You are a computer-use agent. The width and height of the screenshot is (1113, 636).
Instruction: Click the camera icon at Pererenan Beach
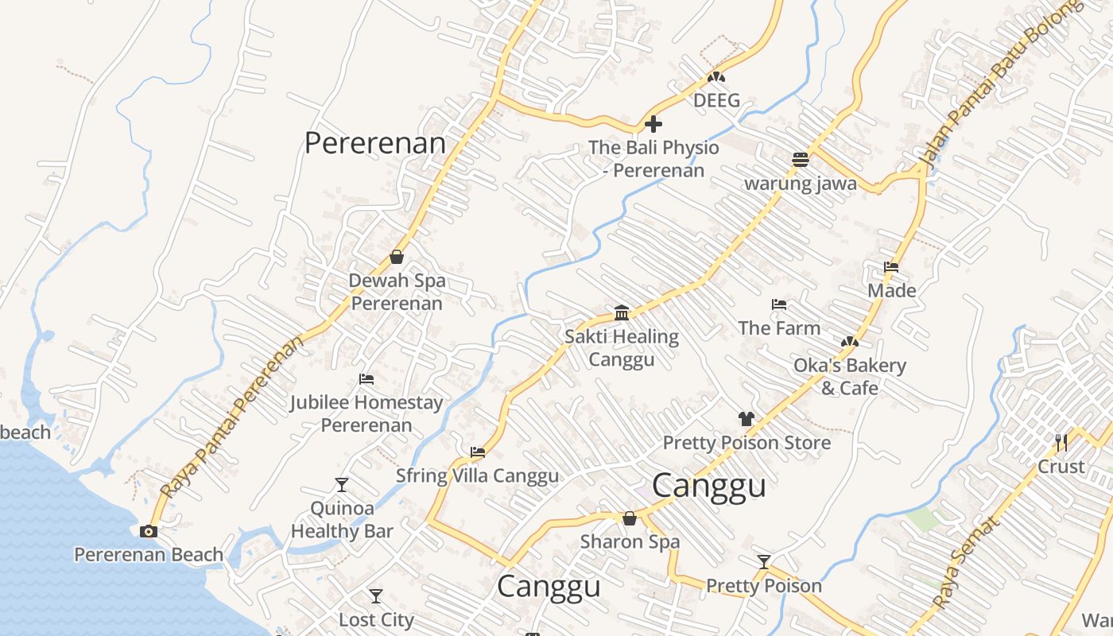(149, 532)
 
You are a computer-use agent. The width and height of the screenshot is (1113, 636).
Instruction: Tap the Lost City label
(376, 619)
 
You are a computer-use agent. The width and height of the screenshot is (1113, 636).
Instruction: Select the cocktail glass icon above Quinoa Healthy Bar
(342, 485)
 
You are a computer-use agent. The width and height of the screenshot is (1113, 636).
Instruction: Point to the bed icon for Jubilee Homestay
(366, 379)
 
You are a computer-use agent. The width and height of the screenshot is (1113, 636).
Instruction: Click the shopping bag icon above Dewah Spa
(397, 257)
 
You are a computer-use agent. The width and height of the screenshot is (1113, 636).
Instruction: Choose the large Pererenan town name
(375, 143)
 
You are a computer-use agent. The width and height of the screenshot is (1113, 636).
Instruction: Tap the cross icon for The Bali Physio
(653, 124)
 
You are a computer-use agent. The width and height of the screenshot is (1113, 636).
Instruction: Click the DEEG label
(716, 100)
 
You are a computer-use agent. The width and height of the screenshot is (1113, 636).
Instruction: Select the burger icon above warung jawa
(801, 160)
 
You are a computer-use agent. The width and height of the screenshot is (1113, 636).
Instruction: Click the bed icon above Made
(891, 267)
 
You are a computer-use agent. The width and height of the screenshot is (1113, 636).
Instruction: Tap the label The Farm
(778, 328)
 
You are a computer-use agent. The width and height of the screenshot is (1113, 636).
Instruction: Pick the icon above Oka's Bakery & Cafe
(849, 342)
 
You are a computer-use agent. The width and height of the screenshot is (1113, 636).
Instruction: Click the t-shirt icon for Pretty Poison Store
(746, 419)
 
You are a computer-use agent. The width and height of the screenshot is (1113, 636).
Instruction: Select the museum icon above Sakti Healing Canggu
(622, 312)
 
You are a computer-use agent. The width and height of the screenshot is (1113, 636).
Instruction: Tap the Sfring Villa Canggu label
(477, 475)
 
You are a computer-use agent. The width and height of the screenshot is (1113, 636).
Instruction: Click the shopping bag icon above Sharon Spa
(630, 519)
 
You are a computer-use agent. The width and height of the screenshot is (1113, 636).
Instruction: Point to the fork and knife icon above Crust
(1061, 442)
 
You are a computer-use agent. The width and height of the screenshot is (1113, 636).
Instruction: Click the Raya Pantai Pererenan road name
(232, 416)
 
